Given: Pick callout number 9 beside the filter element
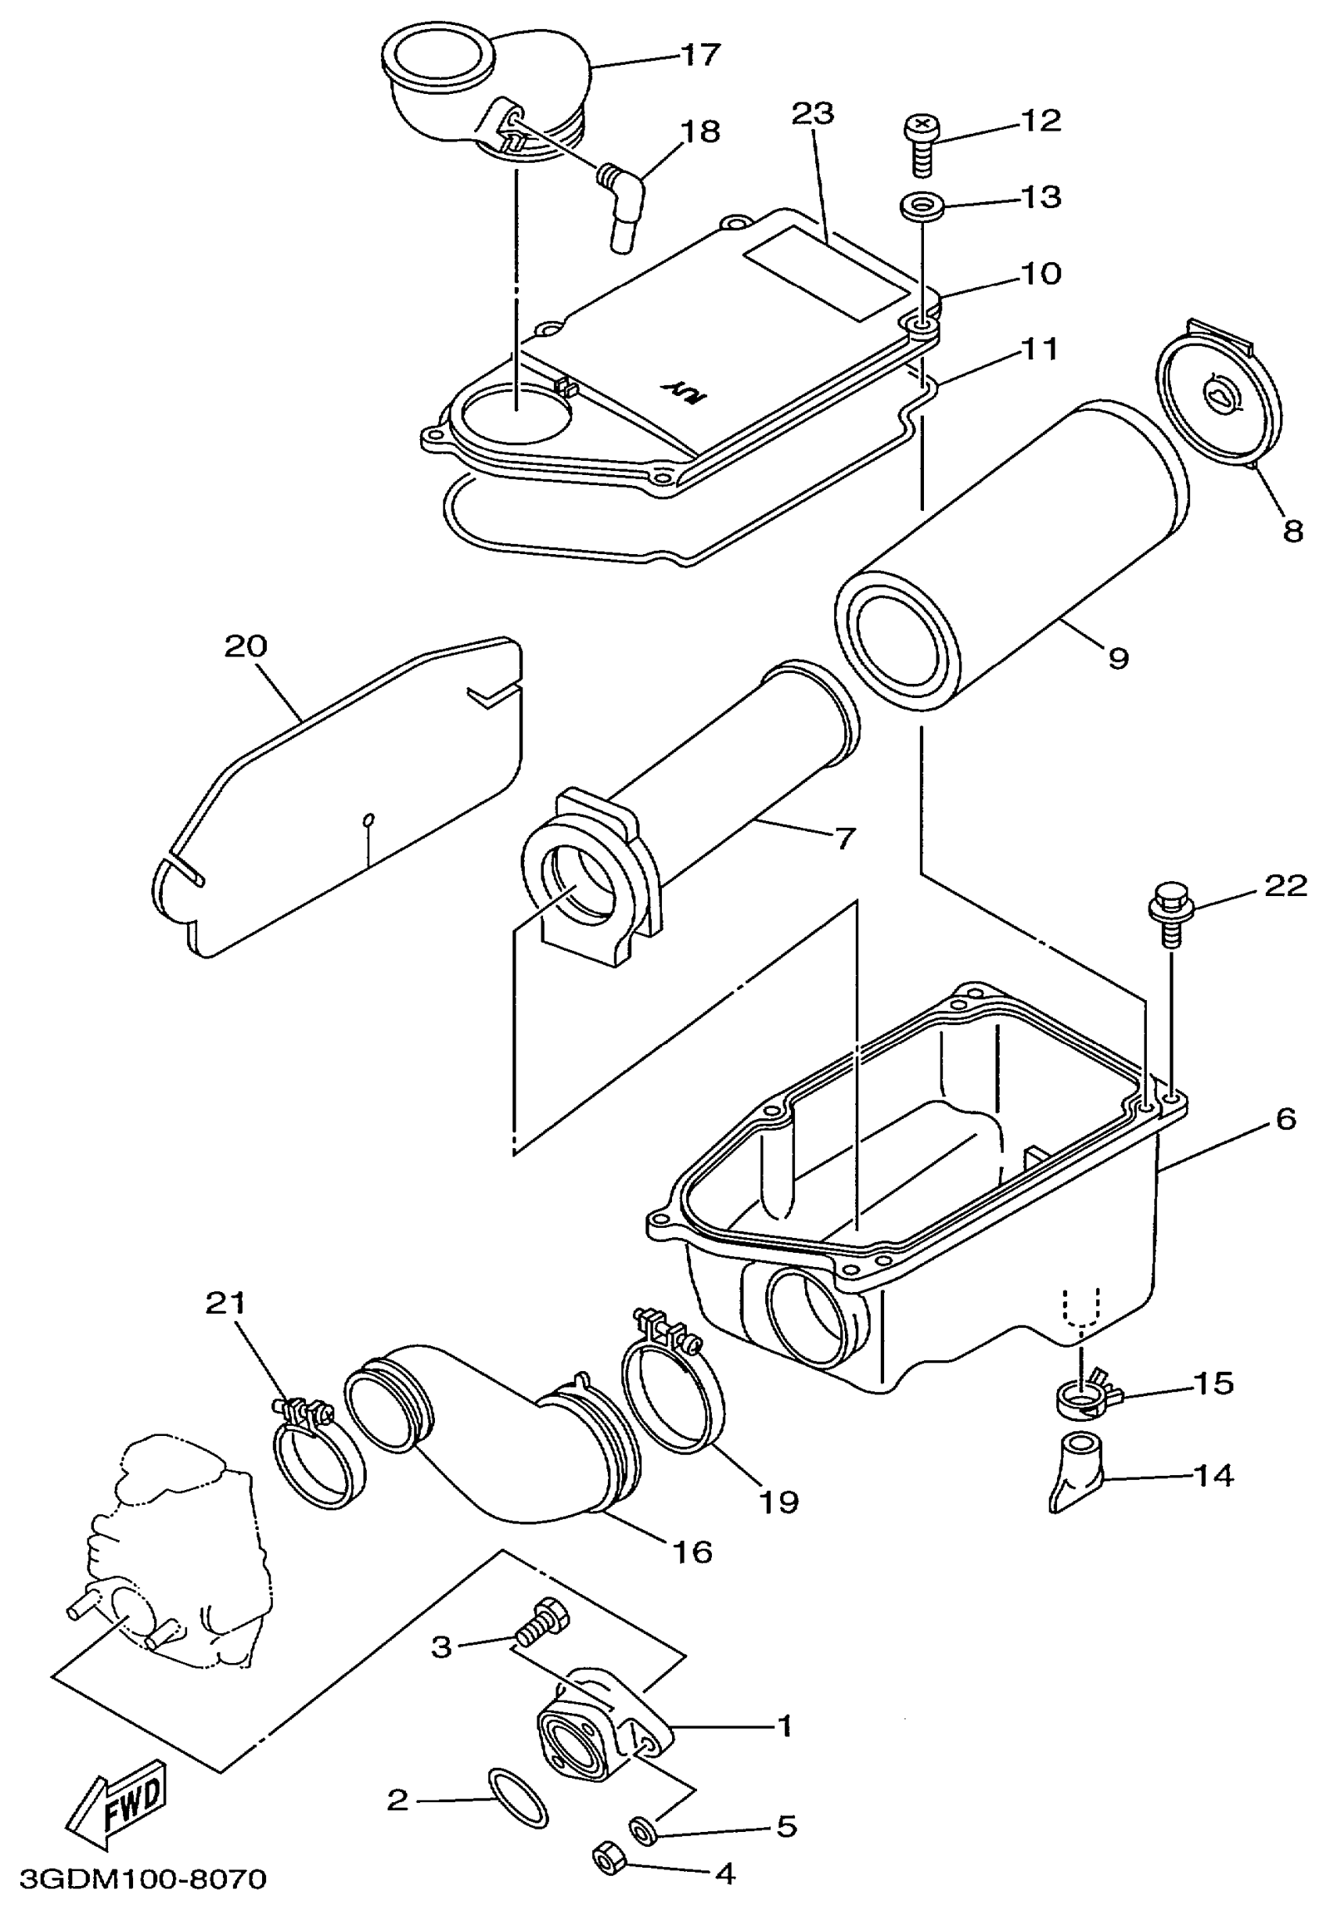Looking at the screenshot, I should [1118, 658].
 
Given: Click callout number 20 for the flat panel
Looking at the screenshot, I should [246, 646].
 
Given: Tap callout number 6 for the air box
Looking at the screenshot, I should [1285, 1120].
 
